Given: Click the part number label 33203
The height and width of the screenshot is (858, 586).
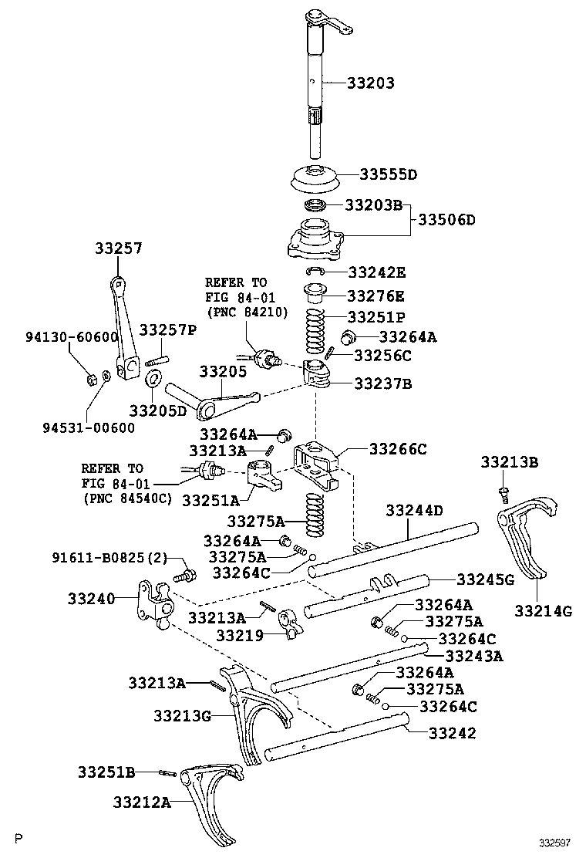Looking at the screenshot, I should (362, 83).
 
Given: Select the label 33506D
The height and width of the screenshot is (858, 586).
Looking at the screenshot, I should (447, 220).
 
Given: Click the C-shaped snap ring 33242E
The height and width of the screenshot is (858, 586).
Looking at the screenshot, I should (315, 271).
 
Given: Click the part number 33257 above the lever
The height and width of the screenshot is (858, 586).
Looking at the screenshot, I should (119, 248).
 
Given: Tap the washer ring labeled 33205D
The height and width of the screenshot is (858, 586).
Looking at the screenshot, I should (153, 378).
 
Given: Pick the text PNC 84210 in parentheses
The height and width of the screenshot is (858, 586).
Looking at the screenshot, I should (246, 312).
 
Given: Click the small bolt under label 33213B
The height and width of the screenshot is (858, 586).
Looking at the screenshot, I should (502, 491).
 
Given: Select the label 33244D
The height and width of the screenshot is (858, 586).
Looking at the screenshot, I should (415, 510).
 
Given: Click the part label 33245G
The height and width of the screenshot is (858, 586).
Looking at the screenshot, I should (486, 579).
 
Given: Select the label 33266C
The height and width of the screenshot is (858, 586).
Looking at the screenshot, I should (398, 448).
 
